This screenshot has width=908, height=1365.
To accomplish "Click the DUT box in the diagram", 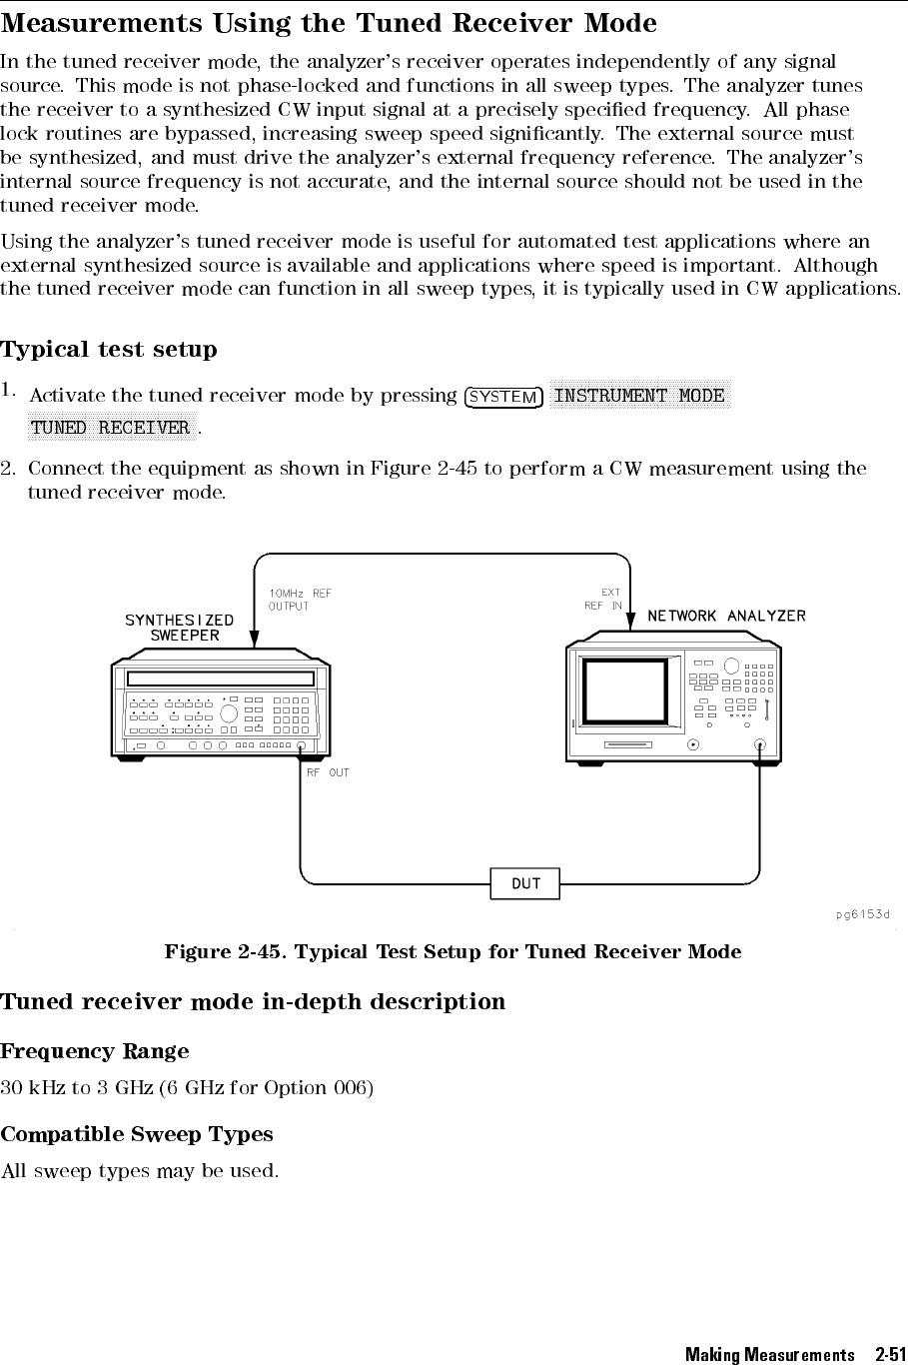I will [525, 883].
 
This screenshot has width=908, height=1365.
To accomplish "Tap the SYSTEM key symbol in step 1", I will [503, 397].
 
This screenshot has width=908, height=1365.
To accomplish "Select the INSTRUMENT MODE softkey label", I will [639, 396].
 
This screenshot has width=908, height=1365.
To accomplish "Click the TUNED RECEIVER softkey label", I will [111, 428].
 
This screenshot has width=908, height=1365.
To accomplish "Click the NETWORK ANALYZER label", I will [726, 616].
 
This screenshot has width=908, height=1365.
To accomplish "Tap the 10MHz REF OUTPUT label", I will [300, 600].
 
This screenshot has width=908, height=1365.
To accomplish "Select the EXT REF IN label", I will [603, 599].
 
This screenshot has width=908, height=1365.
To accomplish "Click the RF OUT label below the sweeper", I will [328, 772].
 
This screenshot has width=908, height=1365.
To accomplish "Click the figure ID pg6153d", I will [863, 914].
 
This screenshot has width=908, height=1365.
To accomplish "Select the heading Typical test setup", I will [109, 350].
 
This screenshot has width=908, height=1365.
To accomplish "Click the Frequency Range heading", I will [95, 1051].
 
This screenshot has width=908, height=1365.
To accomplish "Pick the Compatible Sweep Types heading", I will [137, 1134].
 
